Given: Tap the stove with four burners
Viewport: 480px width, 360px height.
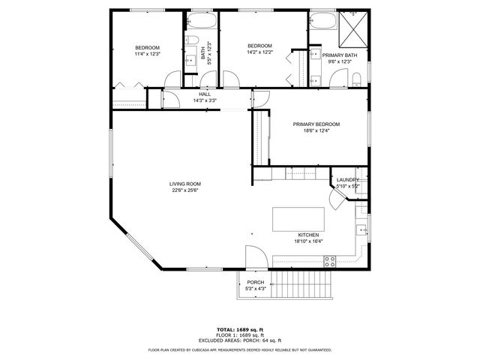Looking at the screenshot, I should click(328, 262).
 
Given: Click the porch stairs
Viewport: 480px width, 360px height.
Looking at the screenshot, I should click(299, 285).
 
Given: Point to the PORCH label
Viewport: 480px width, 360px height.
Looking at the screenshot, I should click(256, 283).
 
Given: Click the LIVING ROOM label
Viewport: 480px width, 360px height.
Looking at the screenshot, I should click(184, 184).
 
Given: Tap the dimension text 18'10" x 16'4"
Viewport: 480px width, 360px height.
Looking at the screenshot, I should click(307, 241).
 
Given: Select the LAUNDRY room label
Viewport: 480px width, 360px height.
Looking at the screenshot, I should click(348, 180).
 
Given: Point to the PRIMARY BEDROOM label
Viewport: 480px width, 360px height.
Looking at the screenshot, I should click(316, 124).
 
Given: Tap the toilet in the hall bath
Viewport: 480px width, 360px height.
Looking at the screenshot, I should click(190, 42).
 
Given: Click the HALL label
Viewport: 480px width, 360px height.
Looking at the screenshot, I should click(205, 94).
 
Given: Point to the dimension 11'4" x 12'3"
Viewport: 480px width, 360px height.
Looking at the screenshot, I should click(147, 54).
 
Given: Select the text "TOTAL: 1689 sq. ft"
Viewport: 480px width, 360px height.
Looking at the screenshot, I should click(239, 329).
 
